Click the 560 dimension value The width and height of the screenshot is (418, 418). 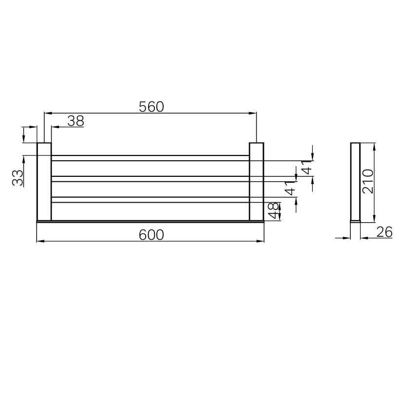(x=151, y=107)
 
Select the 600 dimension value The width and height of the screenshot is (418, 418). (x=151, y=235)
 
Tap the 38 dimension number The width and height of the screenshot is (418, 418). (x=76, y=121)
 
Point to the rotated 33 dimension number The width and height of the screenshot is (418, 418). (x=18, y=177)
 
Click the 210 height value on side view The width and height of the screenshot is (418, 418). (x=368, y=181)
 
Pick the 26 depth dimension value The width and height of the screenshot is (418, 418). (x=384, y=232)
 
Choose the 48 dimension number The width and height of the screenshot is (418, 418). (x=273, y=210)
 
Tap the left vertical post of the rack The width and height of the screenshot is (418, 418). (x=44, y=182)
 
